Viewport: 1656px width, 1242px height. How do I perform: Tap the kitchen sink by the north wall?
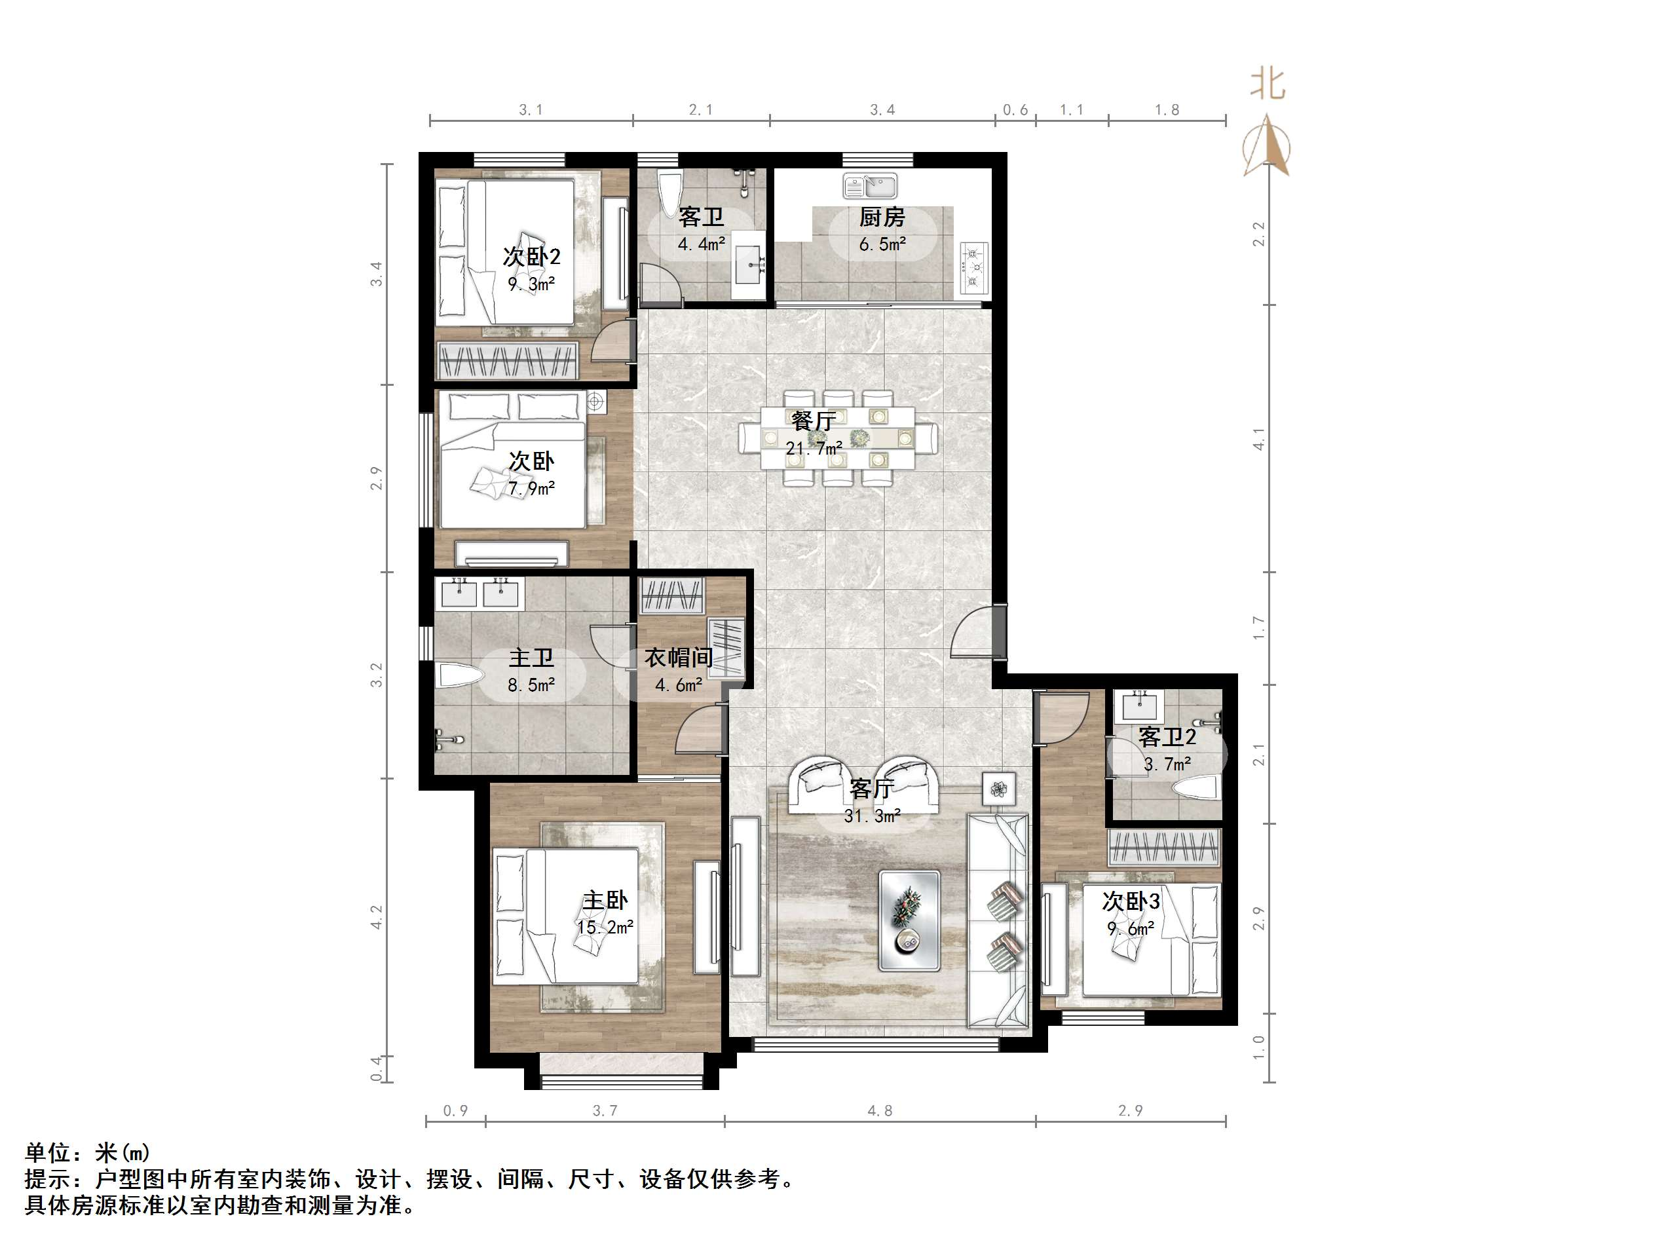[x=869, y=185]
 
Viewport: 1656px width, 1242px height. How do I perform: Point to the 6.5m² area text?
[x=882, y=245]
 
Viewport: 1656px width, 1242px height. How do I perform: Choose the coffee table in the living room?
[x=909, y=920]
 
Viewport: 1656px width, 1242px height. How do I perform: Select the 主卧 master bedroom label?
[x=605, y=900]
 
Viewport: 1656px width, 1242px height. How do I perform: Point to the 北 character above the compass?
[x=1268, y=84]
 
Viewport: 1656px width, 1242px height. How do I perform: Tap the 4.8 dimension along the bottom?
[x=880, y=1111]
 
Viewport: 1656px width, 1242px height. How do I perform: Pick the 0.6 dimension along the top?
[x=1015, y=110]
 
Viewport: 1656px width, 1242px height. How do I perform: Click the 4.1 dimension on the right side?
[x=1258, y=440]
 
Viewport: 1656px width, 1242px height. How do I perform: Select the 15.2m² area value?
[x=605, y=928]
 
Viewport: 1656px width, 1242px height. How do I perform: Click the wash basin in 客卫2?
[x=1137, y=706]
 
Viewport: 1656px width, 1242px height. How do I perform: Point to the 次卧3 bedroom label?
[x=1131, y=902]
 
